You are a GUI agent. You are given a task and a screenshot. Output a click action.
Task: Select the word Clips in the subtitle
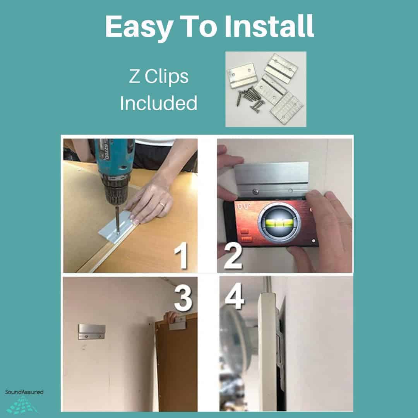(166, 77)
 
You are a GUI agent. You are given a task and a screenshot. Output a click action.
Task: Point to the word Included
(159, 103)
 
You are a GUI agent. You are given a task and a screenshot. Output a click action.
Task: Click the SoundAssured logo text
(24, 392)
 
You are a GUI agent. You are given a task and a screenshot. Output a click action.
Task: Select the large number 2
(233, 256)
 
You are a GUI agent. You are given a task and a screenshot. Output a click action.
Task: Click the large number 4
(234, 296)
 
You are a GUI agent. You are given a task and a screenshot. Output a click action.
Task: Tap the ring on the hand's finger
(162, 204)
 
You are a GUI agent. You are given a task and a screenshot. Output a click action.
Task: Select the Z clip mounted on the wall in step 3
(91, 332)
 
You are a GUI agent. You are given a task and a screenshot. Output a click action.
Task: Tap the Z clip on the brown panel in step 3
(178, 323)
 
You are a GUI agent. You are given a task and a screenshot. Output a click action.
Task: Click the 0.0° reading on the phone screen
(243, 206)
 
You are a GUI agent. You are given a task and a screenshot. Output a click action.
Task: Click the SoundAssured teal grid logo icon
(22, 404)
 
